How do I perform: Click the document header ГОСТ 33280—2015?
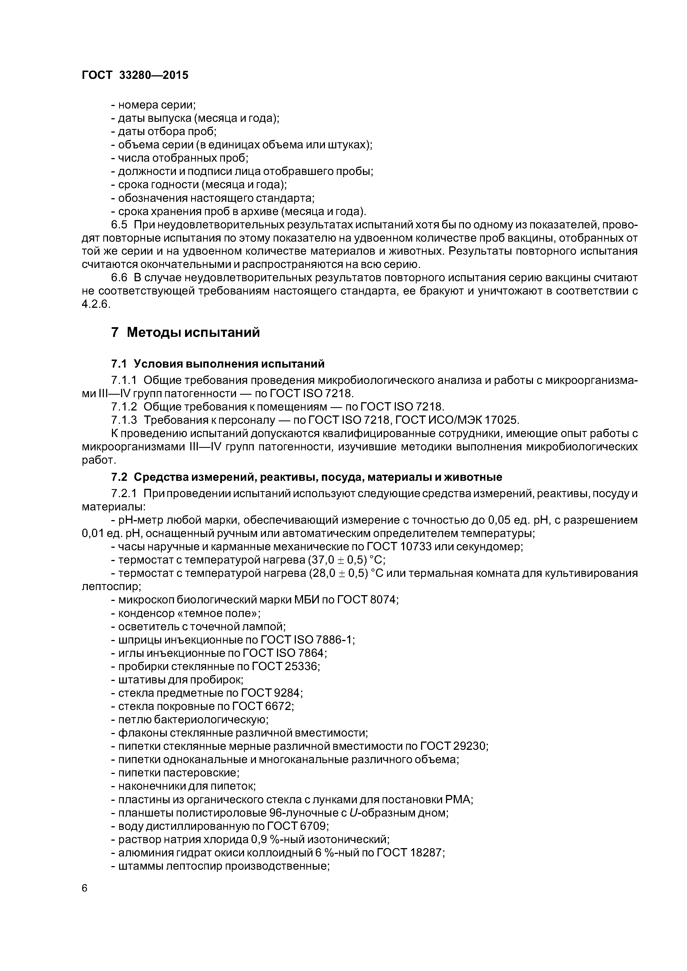click(135, 75)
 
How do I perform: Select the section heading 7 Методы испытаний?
click(185, 332)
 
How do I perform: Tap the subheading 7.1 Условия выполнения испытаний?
click(217, 364)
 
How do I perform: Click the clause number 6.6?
click(119, 278)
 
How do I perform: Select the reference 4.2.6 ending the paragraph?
click(96, 304)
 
